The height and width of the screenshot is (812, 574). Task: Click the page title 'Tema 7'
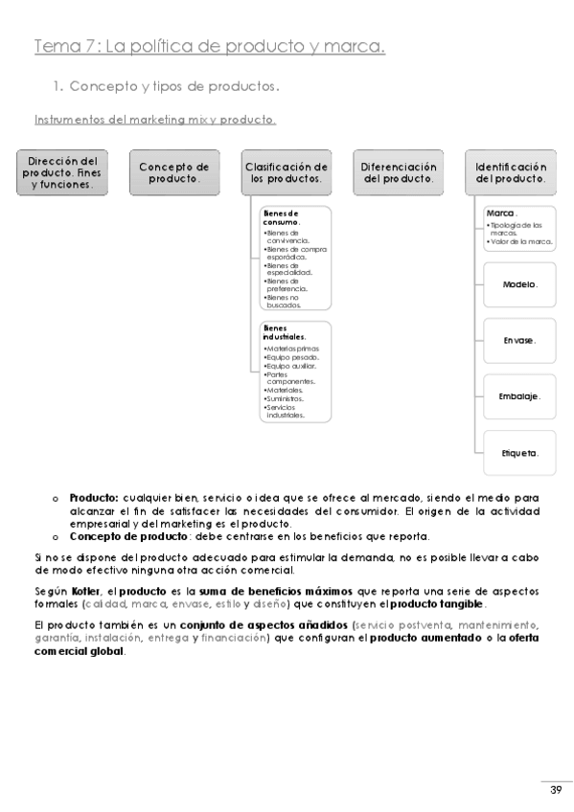tap(209, 46)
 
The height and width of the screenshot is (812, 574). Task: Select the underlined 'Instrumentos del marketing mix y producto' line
tap(155, 120)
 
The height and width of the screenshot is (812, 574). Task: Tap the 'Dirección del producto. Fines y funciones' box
tap(63, 172)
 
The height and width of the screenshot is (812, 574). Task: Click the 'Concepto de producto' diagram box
tap(174, 172)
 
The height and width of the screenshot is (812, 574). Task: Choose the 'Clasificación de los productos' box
tap(287, 172)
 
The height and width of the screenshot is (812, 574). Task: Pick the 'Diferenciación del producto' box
tap(399, 172)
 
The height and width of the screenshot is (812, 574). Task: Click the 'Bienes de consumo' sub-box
tap(295, 257)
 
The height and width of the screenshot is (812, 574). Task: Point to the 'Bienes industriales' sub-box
tap(295, 371)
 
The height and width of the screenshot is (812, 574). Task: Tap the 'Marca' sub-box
tap(518, 230)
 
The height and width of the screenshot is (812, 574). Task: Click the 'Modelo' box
tap(518, 285)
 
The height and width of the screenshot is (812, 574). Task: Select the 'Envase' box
tap(518, 340)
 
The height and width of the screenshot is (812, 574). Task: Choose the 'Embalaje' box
tap(518, 395)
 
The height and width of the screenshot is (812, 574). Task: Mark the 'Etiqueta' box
tap(518, 451)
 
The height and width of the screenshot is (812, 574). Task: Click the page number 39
tap(556, 788)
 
